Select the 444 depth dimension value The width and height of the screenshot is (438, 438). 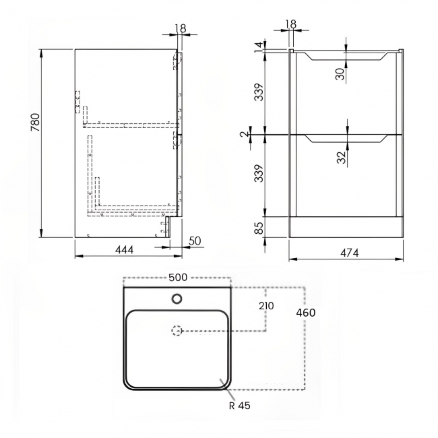125,250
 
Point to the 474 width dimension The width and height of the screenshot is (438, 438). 348,253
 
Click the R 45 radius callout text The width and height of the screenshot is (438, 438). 241,406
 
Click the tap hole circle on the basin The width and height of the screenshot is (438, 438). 177,298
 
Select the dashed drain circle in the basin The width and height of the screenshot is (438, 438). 177,330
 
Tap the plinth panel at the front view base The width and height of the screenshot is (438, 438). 346,227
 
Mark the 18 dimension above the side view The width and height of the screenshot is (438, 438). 179,29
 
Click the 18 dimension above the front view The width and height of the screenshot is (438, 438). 290,24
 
